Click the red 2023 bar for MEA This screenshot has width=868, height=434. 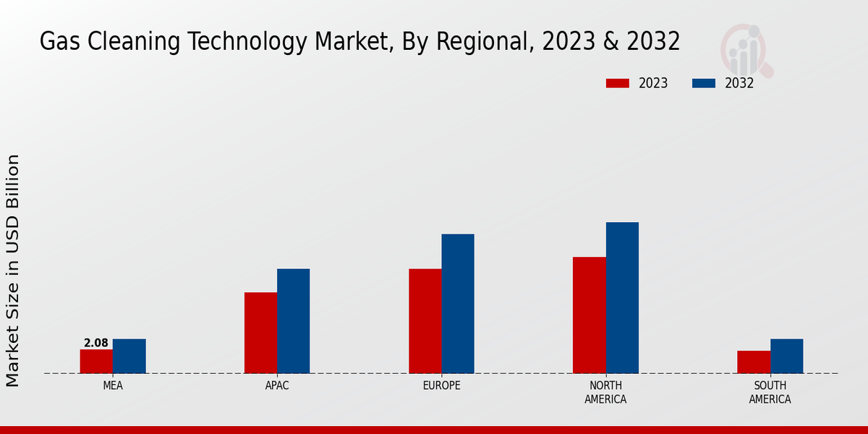pyautogui.click(x=96, y=362)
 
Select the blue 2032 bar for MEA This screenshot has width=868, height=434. pyautogui.click(x=129, y=356)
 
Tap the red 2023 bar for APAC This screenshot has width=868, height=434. pyautogui.click(x=260, y=333)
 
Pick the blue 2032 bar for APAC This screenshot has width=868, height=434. pyautogui.click(x=293, y=321)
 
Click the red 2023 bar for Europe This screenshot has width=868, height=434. pyautogui.click(x=425, y=321)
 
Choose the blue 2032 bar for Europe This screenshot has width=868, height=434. pyautogui.click(x=458, y=304)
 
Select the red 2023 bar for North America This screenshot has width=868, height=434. pyautogui.click(x=589, y=315)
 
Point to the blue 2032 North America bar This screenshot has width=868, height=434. pyautogui.click(x=622, y=298)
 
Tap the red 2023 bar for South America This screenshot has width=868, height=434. pyautogui.click(x=754, y=362)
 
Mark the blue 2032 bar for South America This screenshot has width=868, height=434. pyautogui.click(x=786, y=356)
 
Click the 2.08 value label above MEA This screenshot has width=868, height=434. pyautogui.click(x=96, y=343)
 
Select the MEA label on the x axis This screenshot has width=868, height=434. pyautogui.click(x=113, y=386)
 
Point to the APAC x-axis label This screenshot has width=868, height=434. pyautogui.click(x=277, y=386)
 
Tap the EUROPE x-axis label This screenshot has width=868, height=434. pyautogui.click(x=441, y=386)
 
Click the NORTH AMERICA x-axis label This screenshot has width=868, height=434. pyautogui.click(x=605, y=393)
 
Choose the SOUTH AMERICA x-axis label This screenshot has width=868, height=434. pyautogui.click(x=770, y=393)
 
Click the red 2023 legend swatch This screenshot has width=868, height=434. pyautogui.click(x=618, y=83)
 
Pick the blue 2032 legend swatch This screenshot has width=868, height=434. pyautogui.click(x=704, y=83)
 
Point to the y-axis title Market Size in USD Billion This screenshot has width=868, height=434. pyautogui.click(x=13, y=270)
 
